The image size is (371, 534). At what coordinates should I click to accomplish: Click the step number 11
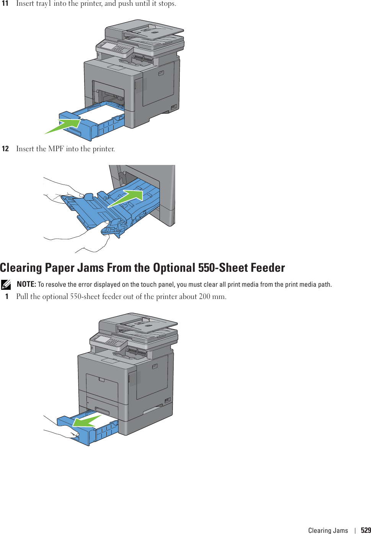pos(5,3)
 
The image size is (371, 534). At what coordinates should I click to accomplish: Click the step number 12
pos(5,149)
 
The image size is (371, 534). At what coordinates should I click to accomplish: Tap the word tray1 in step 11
pos(44,3)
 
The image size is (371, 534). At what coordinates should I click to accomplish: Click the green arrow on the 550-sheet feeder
pos(86,421)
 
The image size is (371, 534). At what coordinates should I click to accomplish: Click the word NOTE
pos(26,284)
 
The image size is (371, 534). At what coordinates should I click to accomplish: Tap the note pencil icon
pos(6,284)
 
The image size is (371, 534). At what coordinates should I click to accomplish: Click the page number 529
pos(366,530)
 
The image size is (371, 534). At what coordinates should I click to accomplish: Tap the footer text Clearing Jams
pos(328,530)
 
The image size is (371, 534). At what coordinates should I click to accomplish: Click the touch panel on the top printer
pos(109,46)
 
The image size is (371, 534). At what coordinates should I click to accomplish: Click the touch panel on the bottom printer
pos(103,339)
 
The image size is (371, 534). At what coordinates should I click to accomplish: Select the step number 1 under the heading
pos(7,297)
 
